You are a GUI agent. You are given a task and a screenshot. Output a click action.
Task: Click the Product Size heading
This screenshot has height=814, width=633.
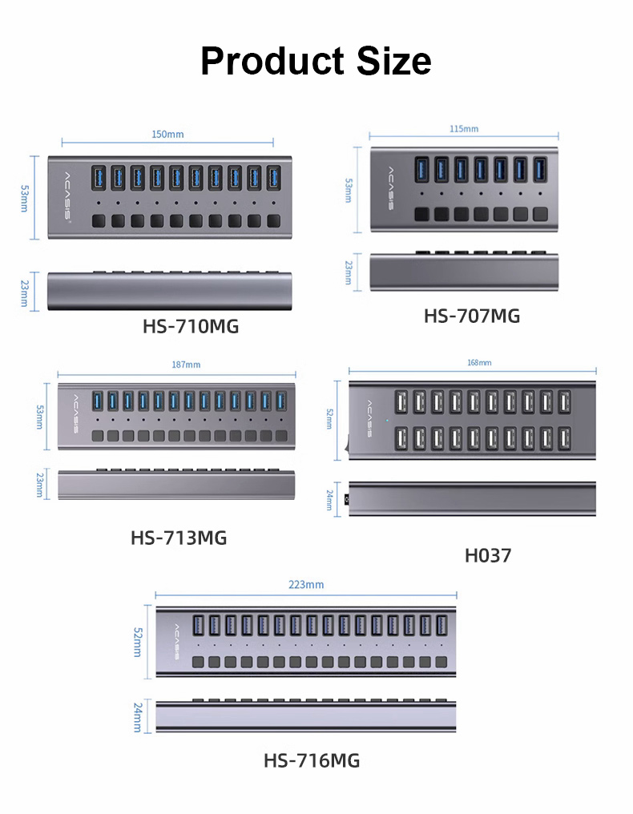click(x=316, y=61)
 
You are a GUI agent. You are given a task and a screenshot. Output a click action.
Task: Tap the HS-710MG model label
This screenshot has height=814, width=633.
click(x=191, y=326)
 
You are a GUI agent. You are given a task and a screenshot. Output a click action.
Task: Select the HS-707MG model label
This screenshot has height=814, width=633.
click(x=471, y=316)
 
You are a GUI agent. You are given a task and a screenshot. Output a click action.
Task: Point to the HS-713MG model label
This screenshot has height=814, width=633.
click(x=179, y=538)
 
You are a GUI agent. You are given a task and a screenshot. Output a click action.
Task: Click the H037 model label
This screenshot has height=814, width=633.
click(x=487, y=554)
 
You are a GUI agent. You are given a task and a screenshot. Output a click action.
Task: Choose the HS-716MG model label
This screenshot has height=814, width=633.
click(x=312, y=760)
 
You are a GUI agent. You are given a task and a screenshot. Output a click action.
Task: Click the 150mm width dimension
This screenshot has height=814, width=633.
click(x=167, y=134)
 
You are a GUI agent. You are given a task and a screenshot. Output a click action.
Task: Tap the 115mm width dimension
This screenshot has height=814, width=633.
click(x=464, y=128)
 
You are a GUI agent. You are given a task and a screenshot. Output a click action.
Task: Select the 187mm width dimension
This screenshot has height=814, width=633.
click(x=187, y=365)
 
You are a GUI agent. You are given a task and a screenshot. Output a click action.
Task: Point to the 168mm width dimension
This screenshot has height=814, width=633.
click(x=479, y=363)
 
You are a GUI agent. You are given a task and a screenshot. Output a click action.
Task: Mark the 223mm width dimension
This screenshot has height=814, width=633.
click(x=306, y=584)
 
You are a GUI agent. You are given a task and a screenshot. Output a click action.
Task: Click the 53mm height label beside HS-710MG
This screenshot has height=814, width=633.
click(x=24, y=198)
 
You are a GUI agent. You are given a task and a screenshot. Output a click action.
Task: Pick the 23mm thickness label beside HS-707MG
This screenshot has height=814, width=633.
click(x=348, y=272)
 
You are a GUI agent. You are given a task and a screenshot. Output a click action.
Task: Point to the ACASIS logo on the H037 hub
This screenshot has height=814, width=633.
click(x=369, y=419)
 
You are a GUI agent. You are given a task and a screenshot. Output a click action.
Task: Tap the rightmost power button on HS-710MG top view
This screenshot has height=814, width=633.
click(x=274, y=220)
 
